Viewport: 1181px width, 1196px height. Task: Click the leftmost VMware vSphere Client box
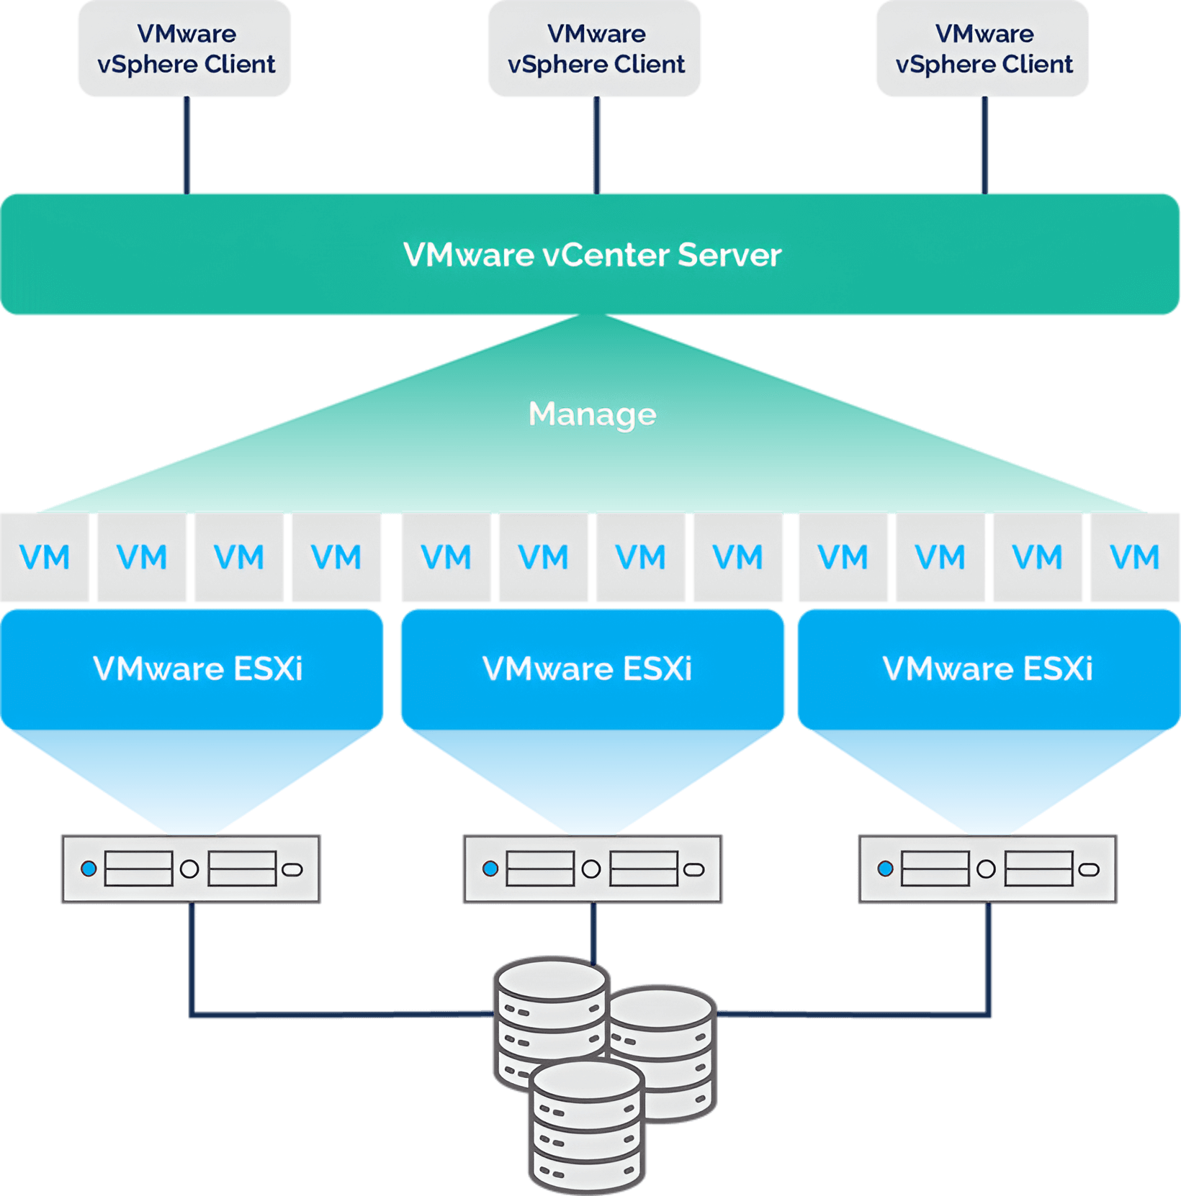click(x=184, y=49)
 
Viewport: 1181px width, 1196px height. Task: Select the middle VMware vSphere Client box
click(x=595, y=49)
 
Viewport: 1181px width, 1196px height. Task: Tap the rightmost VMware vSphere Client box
click(x=982, y=49)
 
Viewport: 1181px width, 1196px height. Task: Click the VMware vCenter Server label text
click(x=592, y=255)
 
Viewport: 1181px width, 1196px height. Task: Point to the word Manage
click(x=592, y=414)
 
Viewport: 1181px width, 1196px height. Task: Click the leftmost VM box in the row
click(x=45, y=558)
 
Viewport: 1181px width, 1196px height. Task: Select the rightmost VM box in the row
click(x=1134, y=558)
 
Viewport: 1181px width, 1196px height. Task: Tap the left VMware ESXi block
click(x=192, y=669)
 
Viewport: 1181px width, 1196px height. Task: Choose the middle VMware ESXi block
click(x=592, y=669)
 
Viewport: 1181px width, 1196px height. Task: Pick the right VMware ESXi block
click(x=988, y=669)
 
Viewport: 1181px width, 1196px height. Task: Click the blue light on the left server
click(x=89, y=869)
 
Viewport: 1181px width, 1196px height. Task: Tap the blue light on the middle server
click(x=490, y=869)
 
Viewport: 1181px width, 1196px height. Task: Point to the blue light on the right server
click(x=886, y=869)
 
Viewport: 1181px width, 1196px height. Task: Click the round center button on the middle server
click(x=591, y=869)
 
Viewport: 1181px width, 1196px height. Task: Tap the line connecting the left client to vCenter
click(x=187, y=144)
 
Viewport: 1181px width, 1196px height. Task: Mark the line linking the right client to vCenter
click(x=984, y=144)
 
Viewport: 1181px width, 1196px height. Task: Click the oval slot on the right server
click(x=1090, y=869)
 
